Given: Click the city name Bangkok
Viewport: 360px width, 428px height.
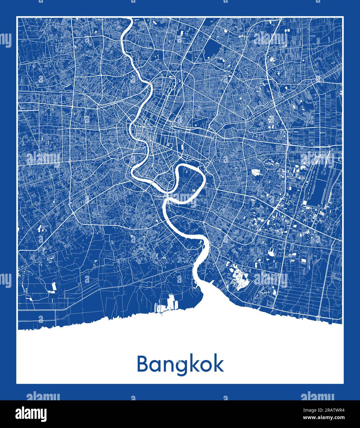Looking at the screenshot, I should (x=180, y=365).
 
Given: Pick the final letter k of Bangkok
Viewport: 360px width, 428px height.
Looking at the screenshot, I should (x=218, y=364).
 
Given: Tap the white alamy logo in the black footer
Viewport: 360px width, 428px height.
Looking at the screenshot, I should (x=32, y=413).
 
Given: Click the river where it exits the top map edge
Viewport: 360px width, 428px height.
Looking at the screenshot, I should (x=129, y=19).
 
